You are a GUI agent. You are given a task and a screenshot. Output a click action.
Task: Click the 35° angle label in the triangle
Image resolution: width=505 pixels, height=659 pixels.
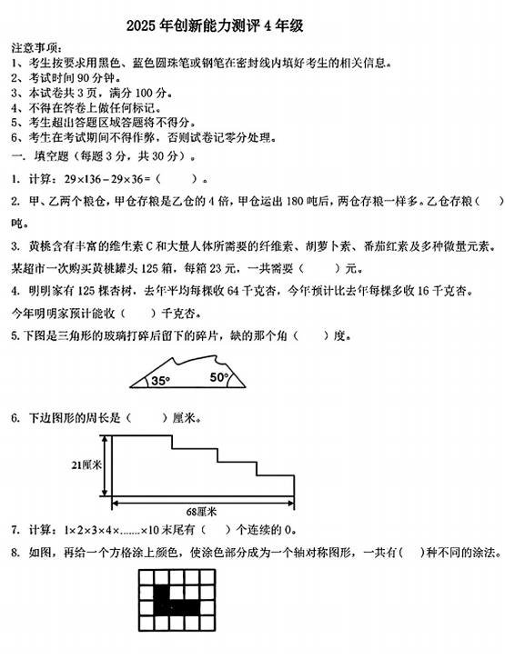click(x=160, y=380)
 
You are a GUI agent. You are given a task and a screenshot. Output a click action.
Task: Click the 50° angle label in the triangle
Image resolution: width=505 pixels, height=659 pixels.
click(x=219, y=376)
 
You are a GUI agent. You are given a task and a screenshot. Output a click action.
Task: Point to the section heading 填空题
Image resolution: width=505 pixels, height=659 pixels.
click(x=53, y=156)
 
